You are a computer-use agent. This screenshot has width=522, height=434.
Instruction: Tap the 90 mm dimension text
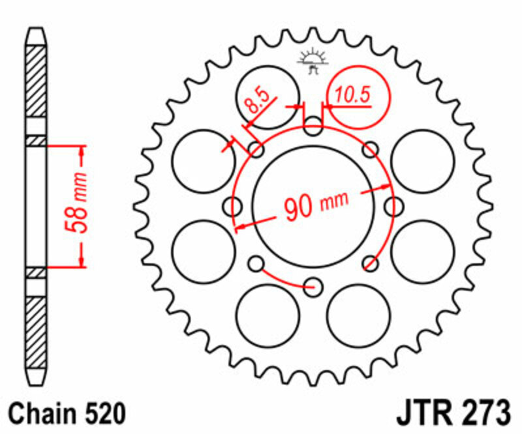coord(316,204)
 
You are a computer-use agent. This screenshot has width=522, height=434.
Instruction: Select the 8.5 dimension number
coord(256,101)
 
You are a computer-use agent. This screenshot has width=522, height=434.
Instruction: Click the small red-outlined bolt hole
coord(371,263)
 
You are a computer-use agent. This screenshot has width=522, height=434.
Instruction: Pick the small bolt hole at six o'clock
coord(314,285)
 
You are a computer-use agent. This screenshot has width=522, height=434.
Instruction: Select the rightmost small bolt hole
coord(393,206)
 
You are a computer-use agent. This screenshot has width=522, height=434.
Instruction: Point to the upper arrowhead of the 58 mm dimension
coord(82,152)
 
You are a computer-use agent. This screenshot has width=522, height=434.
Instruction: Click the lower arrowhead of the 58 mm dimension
coord(82,260)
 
